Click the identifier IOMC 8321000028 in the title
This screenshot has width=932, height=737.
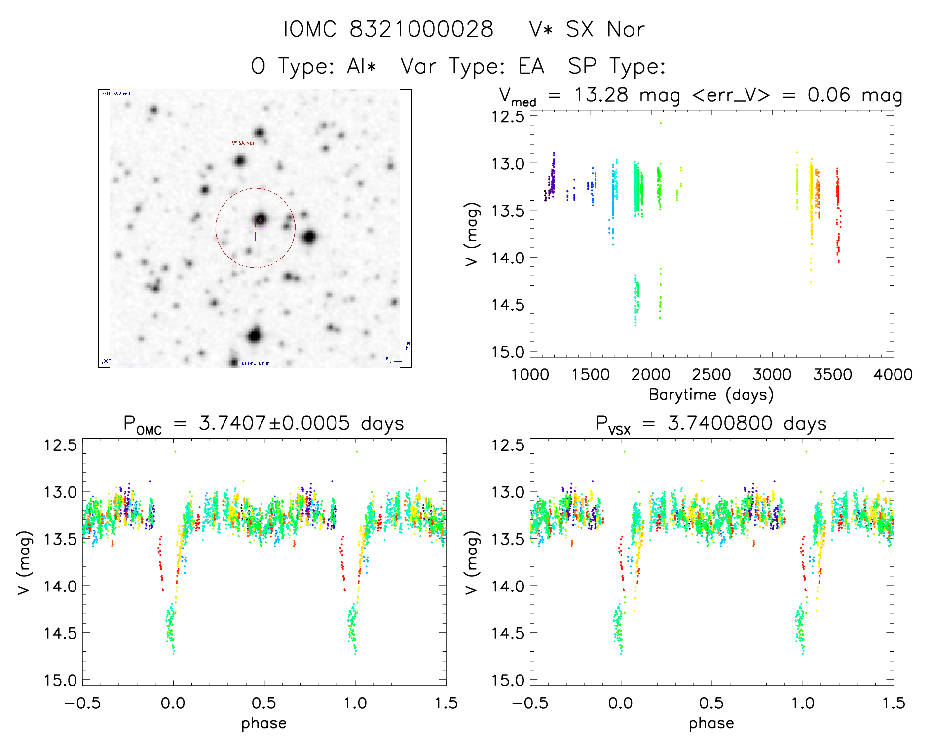[388, 29]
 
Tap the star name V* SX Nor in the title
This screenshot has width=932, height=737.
[586, 29]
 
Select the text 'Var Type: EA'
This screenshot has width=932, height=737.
[472, 66]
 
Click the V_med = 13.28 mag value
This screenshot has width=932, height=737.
[590, 95]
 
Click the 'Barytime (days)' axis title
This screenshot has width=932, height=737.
[711, 395]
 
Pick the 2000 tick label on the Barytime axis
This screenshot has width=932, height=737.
[651, 375]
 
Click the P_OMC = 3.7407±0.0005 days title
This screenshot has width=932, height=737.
[264, 424]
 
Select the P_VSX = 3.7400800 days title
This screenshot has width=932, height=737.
[711, 424]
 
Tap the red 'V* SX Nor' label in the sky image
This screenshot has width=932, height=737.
[243, 143]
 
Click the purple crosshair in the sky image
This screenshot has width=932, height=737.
[255, 228]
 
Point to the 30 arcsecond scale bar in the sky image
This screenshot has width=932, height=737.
[125, 363]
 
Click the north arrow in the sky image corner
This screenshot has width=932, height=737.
[406, 351]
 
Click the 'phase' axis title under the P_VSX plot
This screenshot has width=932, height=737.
[711, 723]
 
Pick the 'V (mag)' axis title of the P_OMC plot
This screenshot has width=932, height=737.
[25, 562]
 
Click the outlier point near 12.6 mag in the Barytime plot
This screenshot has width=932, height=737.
[660, 123]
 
